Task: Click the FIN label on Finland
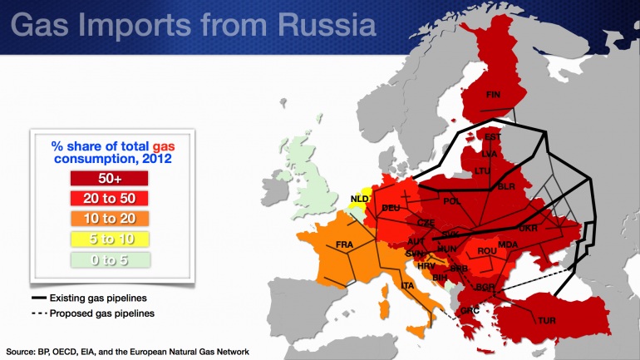(x=494, y=93)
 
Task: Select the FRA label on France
(x=345, y=244)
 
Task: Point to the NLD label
(x=359, y=199)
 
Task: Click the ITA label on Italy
(x=407, y=286)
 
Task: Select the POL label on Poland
(x=452, y=201)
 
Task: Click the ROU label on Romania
(x=487, y=250)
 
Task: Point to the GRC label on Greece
(x=470, y=312)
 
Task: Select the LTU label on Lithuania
(x=483, y=170)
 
